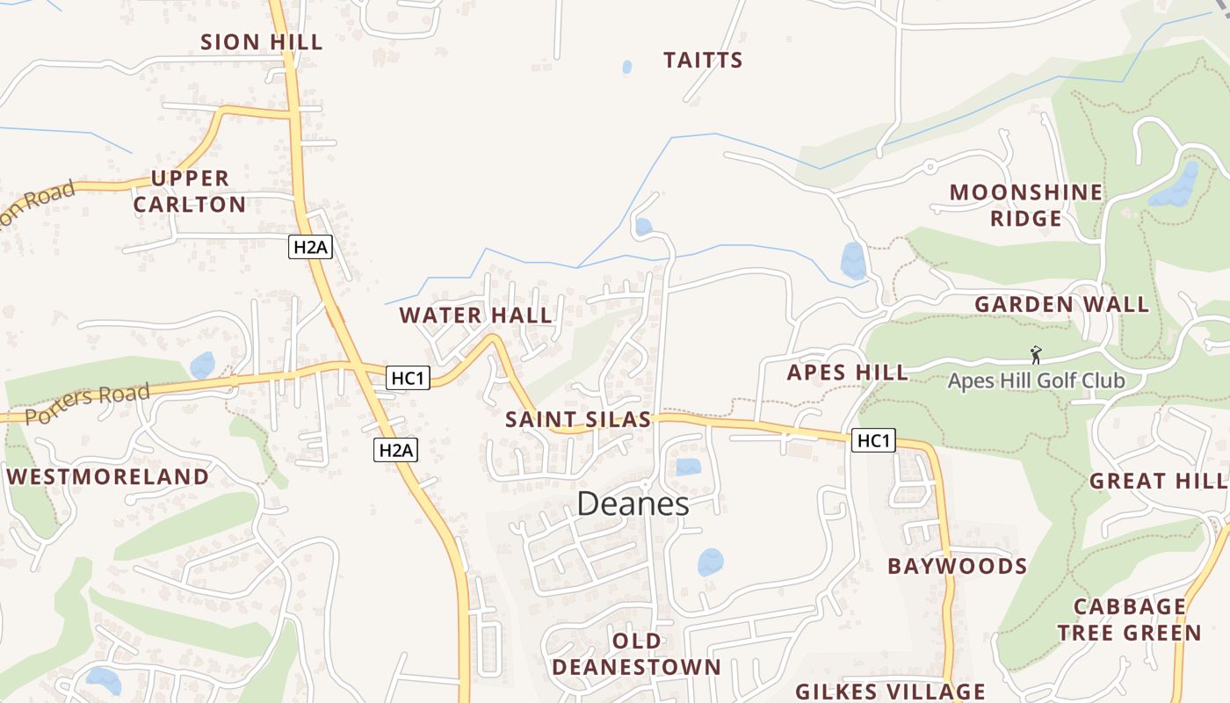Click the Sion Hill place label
pos(262,41)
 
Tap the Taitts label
pos(703,60)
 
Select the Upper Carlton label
pos(189,192)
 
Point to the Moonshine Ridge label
pos(1026,205)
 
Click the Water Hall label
pos(476,315)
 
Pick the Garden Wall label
pos(1061,304)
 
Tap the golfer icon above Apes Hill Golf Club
pos(1036,355)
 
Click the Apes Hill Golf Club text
pos(1036,380)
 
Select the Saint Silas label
pos(578,419)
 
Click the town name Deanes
pos(633,504)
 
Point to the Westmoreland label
pos(108,476)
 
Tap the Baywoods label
pos(957,566)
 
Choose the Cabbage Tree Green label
pos(1129,620)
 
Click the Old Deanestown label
pos(636,654)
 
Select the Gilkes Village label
pos(890,691)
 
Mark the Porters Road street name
pos(88,403)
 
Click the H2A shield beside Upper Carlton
pos(309,247)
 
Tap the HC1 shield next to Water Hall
pos(408,378)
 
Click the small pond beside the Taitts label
pos(626,67)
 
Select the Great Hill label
pos(1158,481)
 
